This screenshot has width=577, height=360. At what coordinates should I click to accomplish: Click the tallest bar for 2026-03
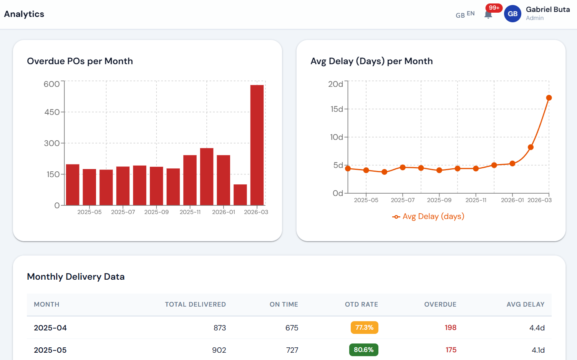pos(257,145)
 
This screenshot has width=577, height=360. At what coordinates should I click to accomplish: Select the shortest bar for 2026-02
pos(240,195)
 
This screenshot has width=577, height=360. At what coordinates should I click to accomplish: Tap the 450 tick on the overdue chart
pos(52,112)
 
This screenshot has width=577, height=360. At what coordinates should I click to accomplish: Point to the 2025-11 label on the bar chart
pos(190,212)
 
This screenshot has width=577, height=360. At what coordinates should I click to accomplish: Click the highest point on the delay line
pos(549,98)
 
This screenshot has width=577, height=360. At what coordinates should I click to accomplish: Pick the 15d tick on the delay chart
pos(337,109)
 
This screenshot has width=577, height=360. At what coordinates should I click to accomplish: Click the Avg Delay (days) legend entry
pos(428,216)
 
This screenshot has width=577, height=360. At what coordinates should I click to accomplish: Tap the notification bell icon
pos(488,15)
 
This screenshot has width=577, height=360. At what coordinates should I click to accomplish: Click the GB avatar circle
pos(512,14)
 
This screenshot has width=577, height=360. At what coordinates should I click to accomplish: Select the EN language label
pos(471,13)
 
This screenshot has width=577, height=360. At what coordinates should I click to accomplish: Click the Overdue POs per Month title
pos(80,61)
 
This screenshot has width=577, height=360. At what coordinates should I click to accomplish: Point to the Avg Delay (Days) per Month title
pos(371,61)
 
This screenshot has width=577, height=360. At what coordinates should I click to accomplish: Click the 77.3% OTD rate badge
pos(364,327)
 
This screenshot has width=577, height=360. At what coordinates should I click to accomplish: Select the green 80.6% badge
pos(363,350)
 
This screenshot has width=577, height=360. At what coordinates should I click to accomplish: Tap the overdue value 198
pos(450,328)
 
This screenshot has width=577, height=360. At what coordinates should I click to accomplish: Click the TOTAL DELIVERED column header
pos(195,304)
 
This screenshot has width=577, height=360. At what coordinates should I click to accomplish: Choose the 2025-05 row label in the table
pos(50,350)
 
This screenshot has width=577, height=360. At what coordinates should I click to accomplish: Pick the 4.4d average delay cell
pos(537,328)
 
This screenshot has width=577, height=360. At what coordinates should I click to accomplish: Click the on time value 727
pos(292,350)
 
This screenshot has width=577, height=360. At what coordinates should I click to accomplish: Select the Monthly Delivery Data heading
pos(76,277)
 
